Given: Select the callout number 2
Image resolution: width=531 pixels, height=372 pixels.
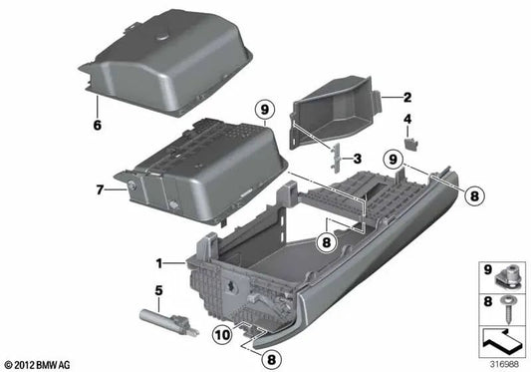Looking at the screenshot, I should click(406, 97).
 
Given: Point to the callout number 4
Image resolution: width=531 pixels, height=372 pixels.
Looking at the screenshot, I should click(406, 121).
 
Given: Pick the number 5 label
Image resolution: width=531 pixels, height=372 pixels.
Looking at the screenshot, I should click(158, 291).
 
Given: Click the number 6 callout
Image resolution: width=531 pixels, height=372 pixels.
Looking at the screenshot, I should click(98, 127).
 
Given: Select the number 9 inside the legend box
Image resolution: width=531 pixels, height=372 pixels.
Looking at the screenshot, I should click(487, 268).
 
